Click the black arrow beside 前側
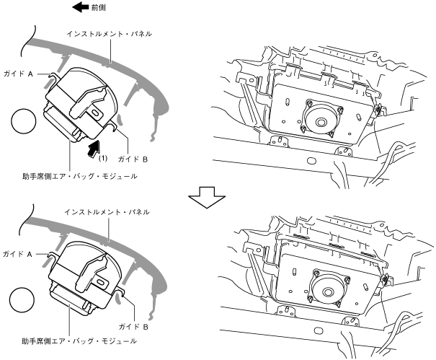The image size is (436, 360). coord(79,9)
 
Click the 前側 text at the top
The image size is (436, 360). coord(97,9)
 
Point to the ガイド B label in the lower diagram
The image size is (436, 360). coord(133,325)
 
